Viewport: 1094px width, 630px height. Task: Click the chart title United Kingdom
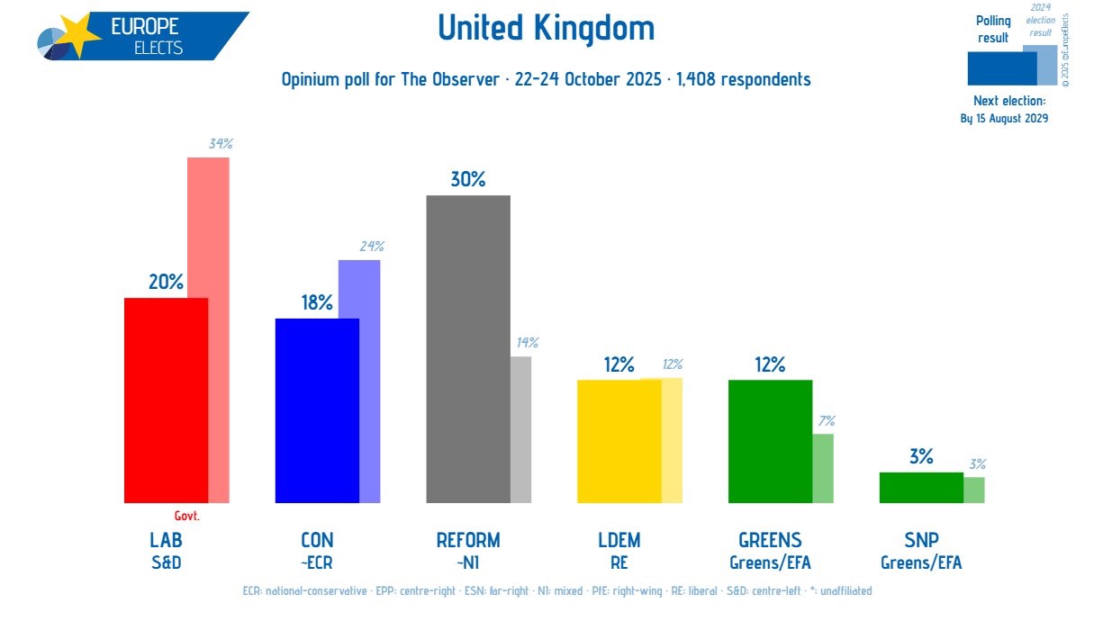[x=546, y=29]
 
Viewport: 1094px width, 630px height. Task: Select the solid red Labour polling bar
[x=166, y=400]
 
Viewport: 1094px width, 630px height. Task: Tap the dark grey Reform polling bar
[x=467, y=349]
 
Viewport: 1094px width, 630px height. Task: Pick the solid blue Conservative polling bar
[x=316, y=410]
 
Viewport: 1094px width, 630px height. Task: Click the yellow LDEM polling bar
[x=619, y=441]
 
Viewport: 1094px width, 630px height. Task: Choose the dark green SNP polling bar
[x=920, y=487]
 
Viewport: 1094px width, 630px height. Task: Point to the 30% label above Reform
[x=467, y=179]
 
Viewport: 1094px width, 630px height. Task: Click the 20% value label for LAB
[x=166, y=282]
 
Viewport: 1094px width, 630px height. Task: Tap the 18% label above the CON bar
[x=317, y=302]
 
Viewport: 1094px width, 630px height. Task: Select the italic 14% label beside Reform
[x=527, y=343]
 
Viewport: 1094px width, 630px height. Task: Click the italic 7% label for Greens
[x=827, y=420]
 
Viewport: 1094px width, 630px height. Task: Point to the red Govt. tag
[x=186, y=517]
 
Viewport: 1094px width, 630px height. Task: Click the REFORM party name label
[x=467, y=540]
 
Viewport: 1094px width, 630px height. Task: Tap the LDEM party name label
[x=619, y=540]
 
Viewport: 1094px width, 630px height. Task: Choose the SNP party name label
[x=920, y=540]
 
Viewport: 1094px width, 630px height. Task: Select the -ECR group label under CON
[x=317, y=562]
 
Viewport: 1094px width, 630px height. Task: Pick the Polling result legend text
[x=993, y=29]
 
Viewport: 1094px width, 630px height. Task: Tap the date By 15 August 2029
[x=1004, y=118]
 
